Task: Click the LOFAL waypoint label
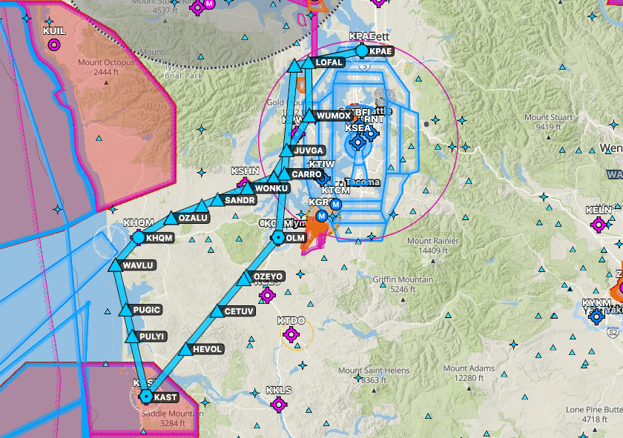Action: pyautogui.click(x=329, y=63)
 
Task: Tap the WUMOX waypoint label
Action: pyautogui.click(x=333, y=116)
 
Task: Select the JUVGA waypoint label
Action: pyautogui.click(x=309, y=150)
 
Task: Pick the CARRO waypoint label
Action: pyautogui.click(x=306, y=174)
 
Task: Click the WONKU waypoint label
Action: pyautogui.click(x=271, y=188)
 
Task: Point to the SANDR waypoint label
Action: pyautogui.click(x=240, y=200)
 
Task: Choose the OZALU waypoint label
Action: pyautogui.click(x=193, y=218)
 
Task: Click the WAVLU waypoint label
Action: pyautogui.click(x=139, y=265)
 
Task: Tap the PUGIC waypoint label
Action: pyautogui.click(x=145, y=310)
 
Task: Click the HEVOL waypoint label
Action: pyautogui.click(x=207, y=349)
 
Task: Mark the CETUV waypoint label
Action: pyautogui.click(x=239, y=311)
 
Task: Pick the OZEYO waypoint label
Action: pyautogui.click(x=268, y=276)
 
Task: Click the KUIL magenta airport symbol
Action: pyautogui.click(x=53, y=45)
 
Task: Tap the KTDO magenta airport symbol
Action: pyautogui.click(x=291, y=334)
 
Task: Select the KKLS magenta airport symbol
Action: pyautogui.click(x=278, y=404)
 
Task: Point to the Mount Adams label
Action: pyautogui.click(x=468, y=374)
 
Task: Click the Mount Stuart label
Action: pyautogui.click(x=548, y=122)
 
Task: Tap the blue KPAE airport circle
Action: pyautogui.click(x=362, y=51)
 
